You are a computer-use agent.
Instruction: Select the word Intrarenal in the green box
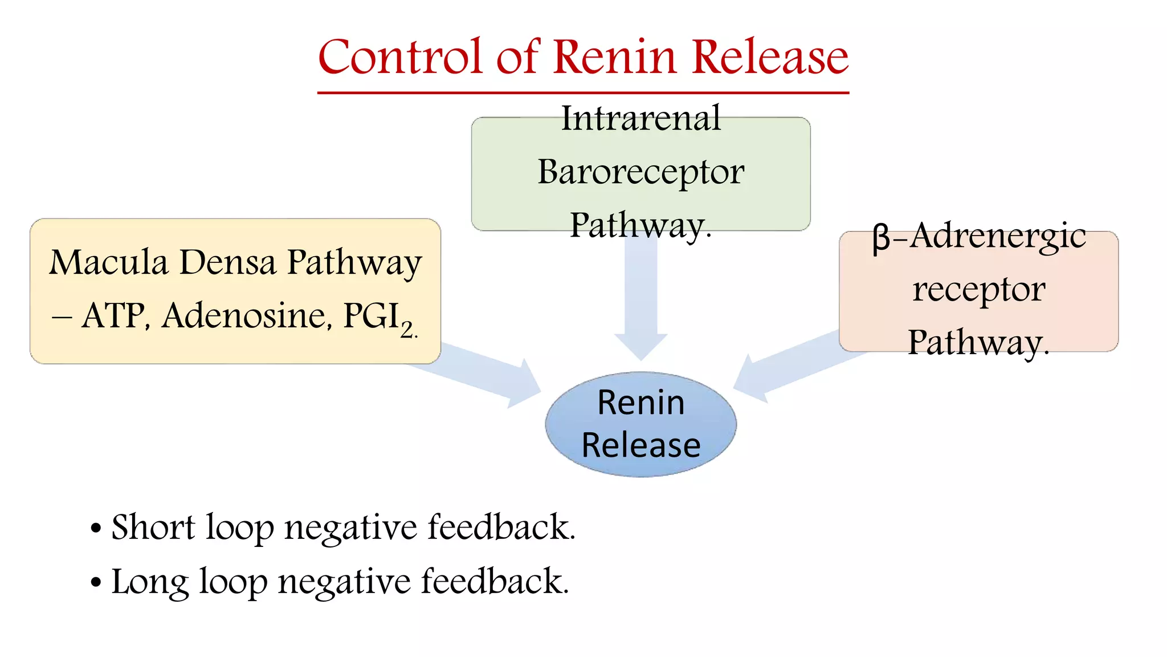point(640,119)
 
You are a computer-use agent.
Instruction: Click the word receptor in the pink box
point(978,290)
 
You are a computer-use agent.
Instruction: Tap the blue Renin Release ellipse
point(640,424)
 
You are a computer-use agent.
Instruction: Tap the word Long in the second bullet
point(149,582)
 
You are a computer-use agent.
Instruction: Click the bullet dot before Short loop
point(96,529)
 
